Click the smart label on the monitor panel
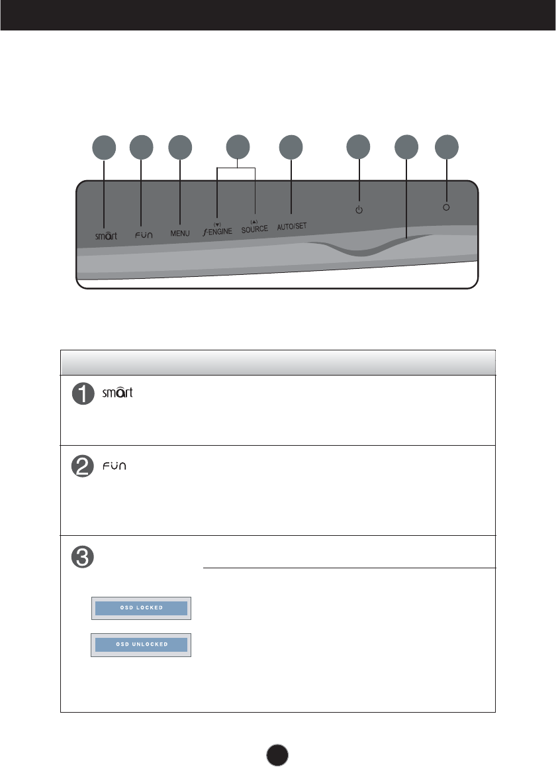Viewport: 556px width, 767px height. pyautogui.click(x=105, y=235)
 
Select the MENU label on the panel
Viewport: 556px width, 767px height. pyautogui.click(x=180, y=233)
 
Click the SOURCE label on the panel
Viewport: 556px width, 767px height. pyautogui.click(x=255, y=229)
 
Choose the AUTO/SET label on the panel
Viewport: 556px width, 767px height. pyautogui.click(x=291, y=226)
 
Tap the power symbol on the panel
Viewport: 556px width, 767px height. pyautogui.click(x=359, y=210)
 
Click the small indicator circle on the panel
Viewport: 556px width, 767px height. pyautogui.click(x=446, y=207)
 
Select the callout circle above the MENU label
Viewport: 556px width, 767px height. pyautogui.click(x=180, y=148)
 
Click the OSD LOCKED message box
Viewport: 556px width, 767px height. pyautogui.click(x=141, y=607)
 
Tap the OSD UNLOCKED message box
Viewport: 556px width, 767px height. pyautogui.click(x=141, y=644)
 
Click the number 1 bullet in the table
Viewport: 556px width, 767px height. pyautogui.click(x=83, y=395)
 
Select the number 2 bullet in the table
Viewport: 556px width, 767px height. pyautogui.click(x=83, y=467)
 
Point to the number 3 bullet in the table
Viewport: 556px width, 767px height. pyautogui.click(x=83, y=556)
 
